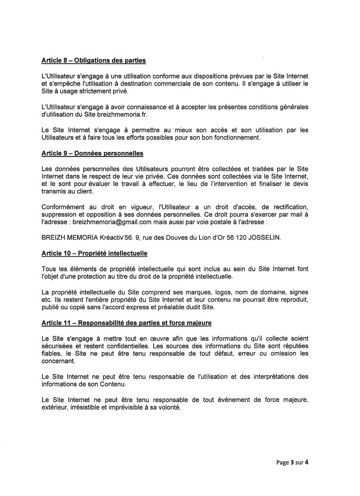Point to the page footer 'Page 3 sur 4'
(290, 462)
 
